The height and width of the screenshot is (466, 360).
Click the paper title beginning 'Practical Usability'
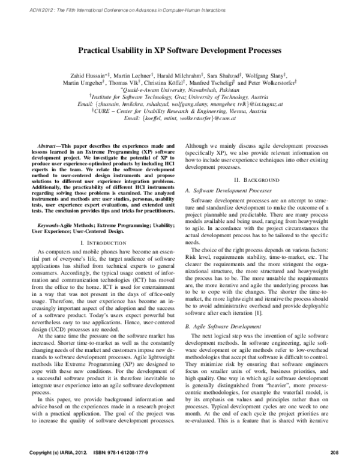(x=180, y=52)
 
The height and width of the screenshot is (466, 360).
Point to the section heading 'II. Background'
(x=257, y=180)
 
